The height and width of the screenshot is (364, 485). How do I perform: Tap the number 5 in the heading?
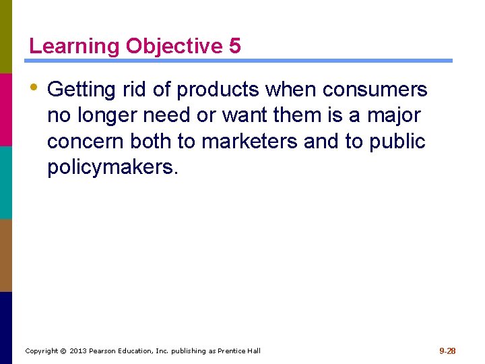click(234, 46)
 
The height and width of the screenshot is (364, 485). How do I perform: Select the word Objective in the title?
click(174, 47)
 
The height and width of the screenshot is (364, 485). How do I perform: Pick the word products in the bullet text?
click(220, 90)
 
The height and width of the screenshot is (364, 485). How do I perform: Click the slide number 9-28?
click(447, 351)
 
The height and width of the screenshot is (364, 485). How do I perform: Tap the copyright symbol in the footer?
click(63, 351)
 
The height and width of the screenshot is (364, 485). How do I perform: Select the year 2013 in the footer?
click(77, 351)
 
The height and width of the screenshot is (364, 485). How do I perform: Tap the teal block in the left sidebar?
click(6, 182)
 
